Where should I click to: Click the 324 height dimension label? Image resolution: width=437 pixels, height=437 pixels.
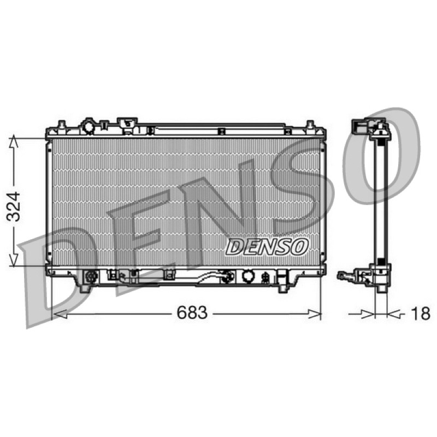pos(14,206)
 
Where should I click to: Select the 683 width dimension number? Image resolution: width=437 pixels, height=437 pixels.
pos(192,312)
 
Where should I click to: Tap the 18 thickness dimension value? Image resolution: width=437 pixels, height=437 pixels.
pos(421,313)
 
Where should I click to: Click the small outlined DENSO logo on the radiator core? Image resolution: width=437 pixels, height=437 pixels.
pos(267,247)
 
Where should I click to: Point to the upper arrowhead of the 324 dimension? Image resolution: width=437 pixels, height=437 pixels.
pos(14,141)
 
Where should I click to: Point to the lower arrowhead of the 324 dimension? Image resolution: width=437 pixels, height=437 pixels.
pos(14,260)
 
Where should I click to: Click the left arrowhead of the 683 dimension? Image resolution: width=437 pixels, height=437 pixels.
pos(60,314)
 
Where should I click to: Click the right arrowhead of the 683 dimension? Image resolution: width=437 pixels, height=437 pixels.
pos(315,314)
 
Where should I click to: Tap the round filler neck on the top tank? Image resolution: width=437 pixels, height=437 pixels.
pos(89,127)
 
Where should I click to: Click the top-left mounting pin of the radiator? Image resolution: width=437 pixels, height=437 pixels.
pos(62,125)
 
